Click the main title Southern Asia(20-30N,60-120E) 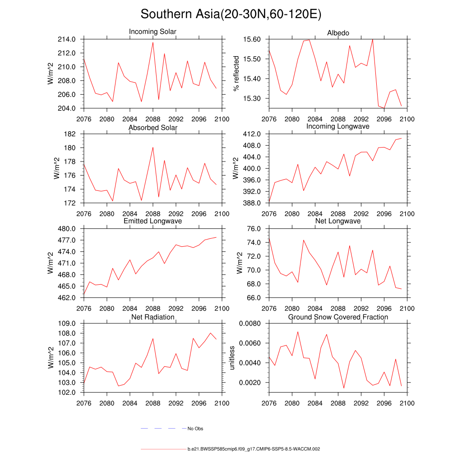(231, 14)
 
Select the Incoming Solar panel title (152, 32)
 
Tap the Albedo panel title (338, 33)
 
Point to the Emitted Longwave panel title (152, 221)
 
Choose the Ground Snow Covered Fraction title (338, 317)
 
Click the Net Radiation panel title (152, 317)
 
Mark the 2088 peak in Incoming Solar (153, 42)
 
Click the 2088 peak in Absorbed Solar (153, 147)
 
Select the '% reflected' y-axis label (235, 74)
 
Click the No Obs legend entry (195, 429)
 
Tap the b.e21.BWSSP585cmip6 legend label (254, 449)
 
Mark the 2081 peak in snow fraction (298, 332)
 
